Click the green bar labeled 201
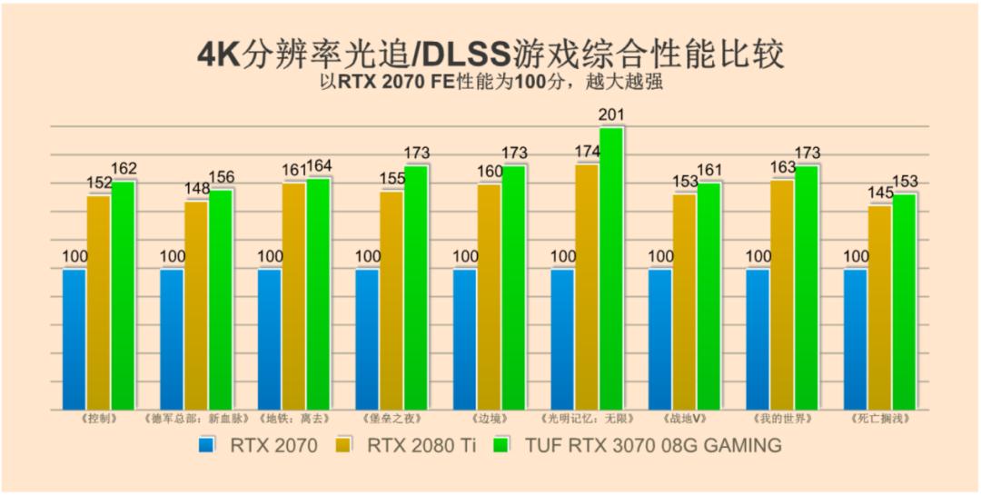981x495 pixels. point(611,269)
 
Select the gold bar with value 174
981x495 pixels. point(587,287)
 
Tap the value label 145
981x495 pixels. point(879,193)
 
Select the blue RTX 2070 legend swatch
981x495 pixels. point(208,445)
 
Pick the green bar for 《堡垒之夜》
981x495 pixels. point(416,288)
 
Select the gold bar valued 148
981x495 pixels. point(196,305)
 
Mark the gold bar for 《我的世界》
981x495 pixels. point(782,294)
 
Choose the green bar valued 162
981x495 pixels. point(123,295)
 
